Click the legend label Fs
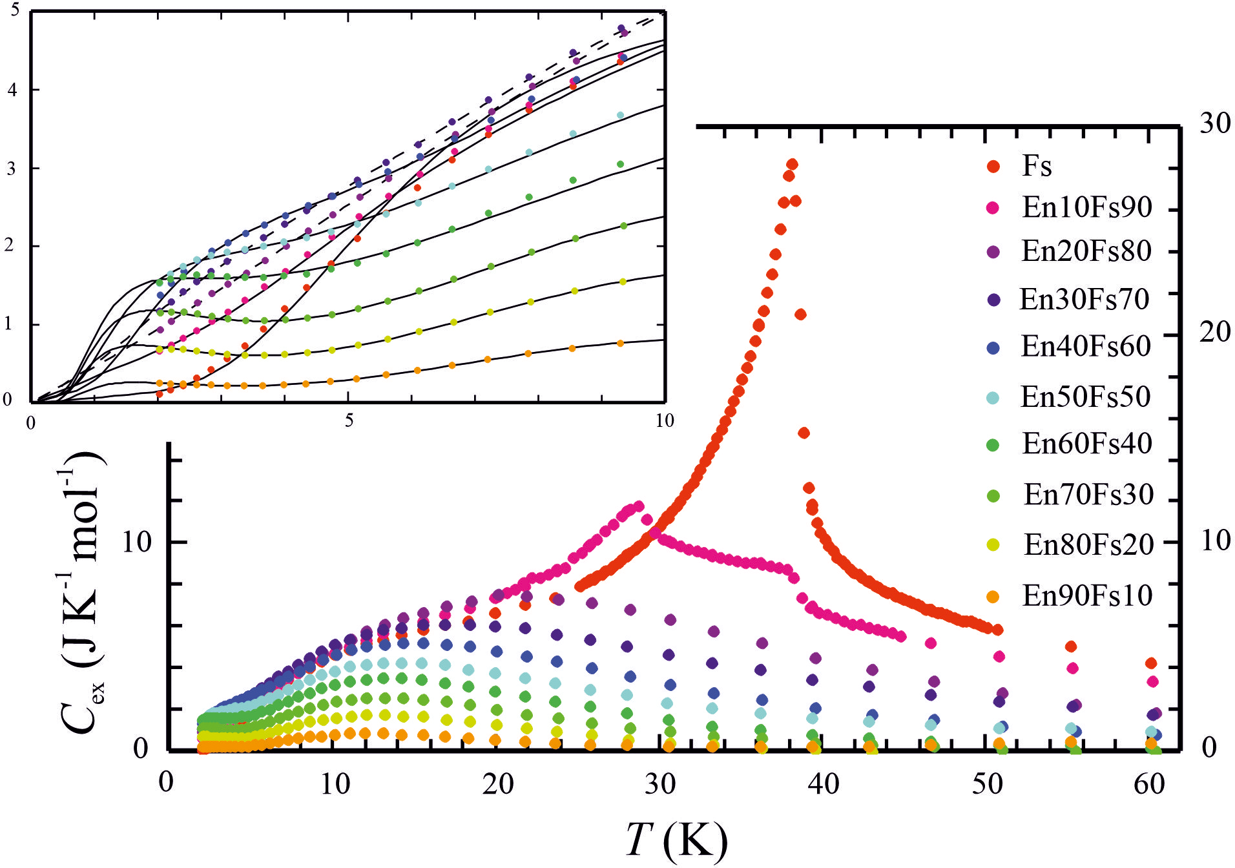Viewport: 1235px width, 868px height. [1037, 166]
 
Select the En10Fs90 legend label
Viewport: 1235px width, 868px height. [1087, 207]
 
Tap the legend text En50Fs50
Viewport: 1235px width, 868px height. [1085, 397]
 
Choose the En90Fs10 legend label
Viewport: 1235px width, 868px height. [1087, 595]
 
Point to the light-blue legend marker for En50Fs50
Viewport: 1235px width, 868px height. [993, 398]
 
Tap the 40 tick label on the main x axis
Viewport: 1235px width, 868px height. [824, 784]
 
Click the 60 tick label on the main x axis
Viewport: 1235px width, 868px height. [1150, 784]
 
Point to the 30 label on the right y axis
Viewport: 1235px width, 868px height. [1215, 123]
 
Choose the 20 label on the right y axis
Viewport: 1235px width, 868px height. [1215, 332]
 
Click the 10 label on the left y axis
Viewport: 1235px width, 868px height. [136, 541]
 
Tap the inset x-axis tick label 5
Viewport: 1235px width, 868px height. [349, 420]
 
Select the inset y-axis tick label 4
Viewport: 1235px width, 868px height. [12, 90]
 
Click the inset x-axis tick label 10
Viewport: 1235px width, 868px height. [664, 420]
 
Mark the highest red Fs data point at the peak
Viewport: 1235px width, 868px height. [792, 165]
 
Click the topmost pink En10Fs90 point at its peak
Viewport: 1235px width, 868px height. [639, 506]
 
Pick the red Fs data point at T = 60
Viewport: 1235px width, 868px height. [1150, 663]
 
